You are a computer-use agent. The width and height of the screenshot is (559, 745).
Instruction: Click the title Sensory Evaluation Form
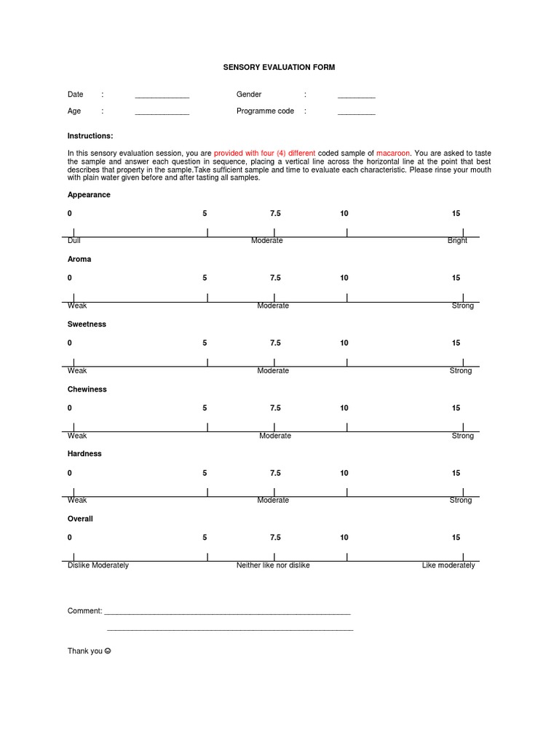[279, 67]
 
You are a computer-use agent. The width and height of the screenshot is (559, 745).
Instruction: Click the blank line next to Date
[162, 97]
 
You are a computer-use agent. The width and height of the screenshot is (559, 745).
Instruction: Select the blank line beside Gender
[356, 97]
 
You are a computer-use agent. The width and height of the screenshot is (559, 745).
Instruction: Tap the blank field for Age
[162, 113]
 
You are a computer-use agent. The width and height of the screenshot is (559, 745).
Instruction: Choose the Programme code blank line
[356, 113]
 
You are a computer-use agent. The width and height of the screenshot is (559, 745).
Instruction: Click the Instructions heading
[90, 136]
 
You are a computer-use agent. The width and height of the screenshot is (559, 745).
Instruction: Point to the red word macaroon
[393, 154]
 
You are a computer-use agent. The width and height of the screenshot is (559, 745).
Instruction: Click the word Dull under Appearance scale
[74, 241]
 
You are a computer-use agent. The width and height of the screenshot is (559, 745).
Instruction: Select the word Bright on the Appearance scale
[457, 241]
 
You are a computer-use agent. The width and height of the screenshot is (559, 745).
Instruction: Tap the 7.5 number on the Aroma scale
[275, 278]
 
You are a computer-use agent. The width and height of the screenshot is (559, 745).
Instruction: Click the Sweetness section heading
[87, 324]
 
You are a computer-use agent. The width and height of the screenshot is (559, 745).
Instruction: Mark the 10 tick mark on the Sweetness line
[346, 362]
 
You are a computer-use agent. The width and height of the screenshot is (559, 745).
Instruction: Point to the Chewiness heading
[87, 389]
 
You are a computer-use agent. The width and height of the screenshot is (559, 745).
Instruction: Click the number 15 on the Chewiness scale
[456, 408]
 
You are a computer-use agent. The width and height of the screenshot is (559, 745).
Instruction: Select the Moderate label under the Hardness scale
[273, 501]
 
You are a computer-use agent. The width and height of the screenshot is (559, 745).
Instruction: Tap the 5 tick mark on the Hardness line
[207, 493]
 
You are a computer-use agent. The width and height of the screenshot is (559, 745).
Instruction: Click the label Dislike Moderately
[98, 565]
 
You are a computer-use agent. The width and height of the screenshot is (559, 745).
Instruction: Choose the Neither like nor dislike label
[273, 565]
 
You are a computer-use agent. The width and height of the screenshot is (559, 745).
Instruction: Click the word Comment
[84, 611]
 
